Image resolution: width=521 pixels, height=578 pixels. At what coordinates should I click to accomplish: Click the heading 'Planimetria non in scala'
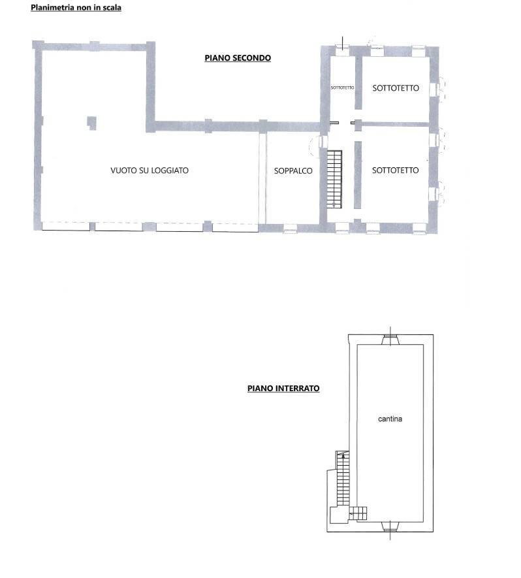[76, 7]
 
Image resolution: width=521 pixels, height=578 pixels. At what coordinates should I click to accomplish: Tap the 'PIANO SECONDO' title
[238, 58]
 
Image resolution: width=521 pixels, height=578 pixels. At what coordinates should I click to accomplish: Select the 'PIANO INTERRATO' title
[283, 388]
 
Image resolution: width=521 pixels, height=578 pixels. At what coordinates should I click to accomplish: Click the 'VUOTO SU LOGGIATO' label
[150, 170]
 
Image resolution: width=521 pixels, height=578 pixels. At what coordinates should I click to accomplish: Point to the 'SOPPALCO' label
[293, 170]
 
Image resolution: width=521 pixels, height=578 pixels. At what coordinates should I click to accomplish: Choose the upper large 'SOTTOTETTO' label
[396, 88]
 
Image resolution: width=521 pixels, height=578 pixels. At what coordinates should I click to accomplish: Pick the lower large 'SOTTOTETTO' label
[396, 170]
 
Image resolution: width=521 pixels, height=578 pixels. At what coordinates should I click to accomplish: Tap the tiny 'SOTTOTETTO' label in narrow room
[342, 88]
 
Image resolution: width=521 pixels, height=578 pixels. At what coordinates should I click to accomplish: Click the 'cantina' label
[390, 419]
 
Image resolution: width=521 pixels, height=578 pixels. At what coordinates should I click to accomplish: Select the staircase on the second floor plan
[334, 179]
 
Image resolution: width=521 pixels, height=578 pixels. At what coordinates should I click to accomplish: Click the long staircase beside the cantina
[343, 478]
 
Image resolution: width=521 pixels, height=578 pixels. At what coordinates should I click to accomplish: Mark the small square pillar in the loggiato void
[92, 123]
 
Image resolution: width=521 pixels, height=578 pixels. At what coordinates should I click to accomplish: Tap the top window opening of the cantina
[390, 339]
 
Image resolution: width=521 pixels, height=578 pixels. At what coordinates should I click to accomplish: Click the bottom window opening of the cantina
[390, 526]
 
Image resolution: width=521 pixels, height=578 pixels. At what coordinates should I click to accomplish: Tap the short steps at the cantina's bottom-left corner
[358, 513]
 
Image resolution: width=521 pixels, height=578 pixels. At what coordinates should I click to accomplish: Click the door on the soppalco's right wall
[323, 142]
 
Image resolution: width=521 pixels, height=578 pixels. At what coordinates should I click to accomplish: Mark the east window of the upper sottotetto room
[434, 89]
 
